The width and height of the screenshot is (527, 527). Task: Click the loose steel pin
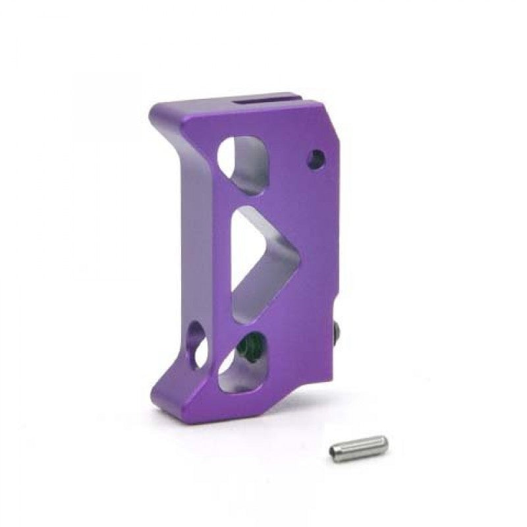coord(358,448)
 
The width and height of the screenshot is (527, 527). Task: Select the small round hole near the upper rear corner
coord(316,159)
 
